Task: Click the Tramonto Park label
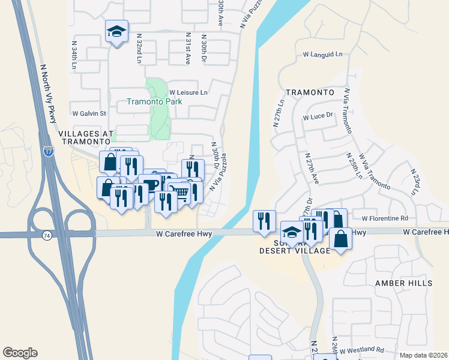[154, 102]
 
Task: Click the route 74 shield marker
[46, 236]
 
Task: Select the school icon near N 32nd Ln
[116, 32]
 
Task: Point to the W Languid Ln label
[322, 55]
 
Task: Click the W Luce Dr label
[318, 118]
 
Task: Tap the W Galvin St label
[89, 113]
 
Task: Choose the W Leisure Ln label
[188, 92]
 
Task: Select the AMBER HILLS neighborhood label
[403, 283]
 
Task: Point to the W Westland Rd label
[361, 349]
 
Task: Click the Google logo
[20, 353]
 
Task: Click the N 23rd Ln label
[414, 181]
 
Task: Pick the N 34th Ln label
[74, 55]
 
